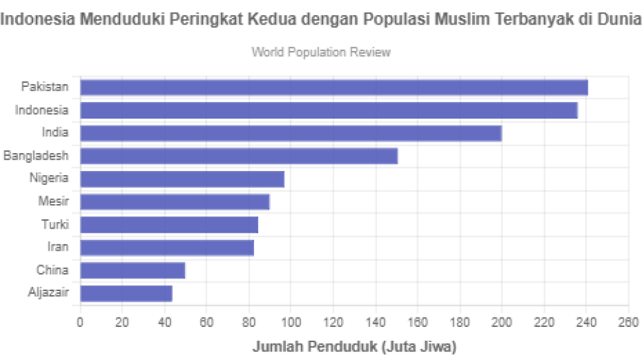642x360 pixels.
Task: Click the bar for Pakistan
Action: pos(334,87)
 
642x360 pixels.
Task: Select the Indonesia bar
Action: pos(329,110)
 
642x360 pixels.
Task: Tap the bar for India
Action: pos(290,133)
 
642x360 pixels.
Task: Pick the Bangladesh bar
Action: pos(239,156)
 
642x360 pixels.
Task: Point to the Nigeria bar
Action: pos(182,178)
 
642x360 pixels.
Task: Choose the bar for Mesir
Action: pos(175,202)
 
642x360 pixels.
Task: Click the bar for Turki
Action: pos(168,224)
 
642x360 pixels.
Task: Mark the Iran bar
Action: pos(167,247)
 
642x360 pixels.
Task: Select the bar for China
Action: pos(133,270)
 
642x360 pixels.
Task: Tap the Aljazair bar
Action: pos(126,293)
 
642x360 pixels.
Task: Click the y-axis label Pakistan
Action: pos(44,86)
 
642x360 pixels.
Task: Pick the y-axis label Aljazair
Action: pos(48,292)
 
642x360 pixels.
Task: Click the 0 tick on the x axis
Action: pos(80,323)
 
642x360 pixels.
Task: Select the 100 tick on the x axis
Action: pos(290,323)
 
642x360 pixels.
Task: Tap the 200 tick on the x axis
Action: pos(501,323)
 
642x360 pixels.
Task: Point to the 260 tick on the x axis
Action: pos(627,323)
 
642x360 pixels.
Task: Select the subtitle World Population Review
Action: pos(321,52)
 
